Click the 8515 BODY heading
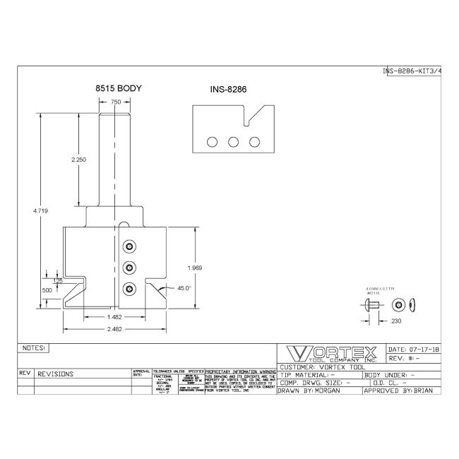pyautogui.click(x=119, y=89)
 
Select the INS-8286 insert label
pyautogui.click(x=232, y=90)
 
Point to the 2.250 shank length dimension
pyautogui.click(x=78, y=160)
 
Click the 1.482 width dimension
pyautogui.click(x=107, y=317)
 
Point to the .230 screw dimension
pyautogui.click(x=396, y=321)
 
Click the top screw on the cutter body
pyautogui.click(x=129, y=246)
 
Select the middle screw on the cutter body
pyautogui.click(x=129, y=267)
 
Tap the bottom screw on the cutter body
pyautogui.click(x=129, y=288)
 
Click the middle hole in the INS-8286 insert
pyautogui.click(x=233, y=142)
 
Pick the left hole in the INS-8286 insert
pyautogui.click(x=212, y=142)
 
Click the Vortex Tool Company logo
pyautogui.click(x=331, y=352)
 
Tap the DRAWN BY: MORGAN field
pyautogui.click(x=317, y=390)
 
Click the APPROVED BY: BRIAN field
pyautogui.click(x=401, y=390)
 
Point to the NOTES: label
pyautogui.click(x=35, y=348)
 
